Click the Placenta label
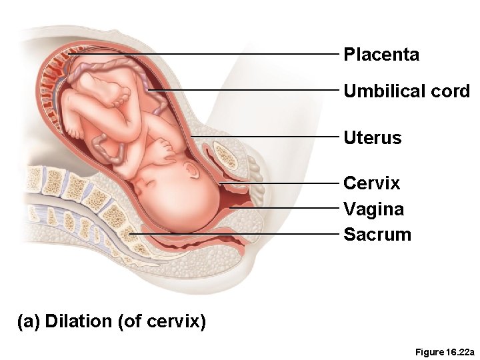coord(381,55)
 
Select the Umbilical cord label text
coord(407,91)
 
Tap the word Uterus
coord(373,138)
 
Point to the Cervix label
coord(371,183)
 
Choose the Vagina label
coord(373,209)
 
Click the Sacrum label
coord(377,235)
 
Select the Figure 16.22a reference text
coord(444,351)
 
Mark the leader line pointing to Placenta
coord(200,54)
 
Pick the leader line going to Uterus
coord(267,136)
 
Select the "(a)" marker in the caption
coord(29,321)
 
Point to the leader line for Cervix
coord(280,183)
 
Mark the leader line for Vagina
coord(287,208)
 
